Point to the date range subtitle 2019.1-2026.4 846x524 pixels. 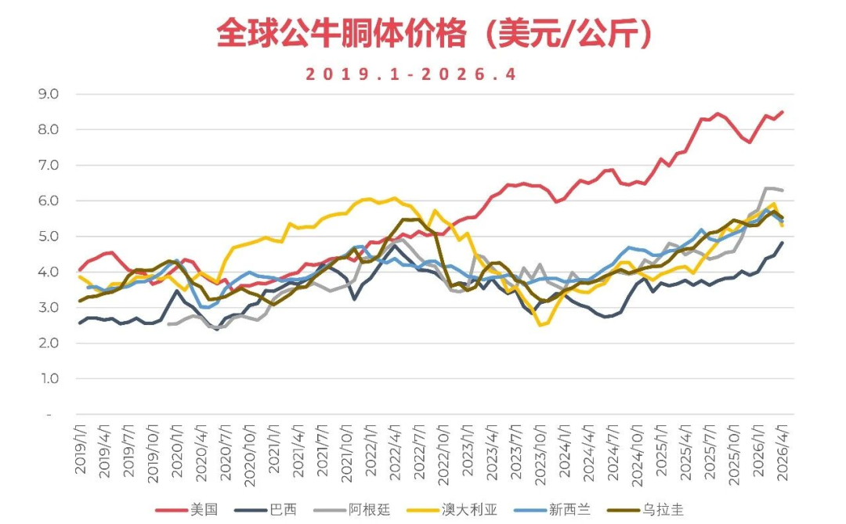411,74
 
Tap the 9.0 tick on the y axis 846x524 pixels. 49,94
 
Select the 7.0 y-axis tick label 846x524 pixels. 49,165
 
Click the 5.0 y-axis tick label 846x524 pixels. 49,237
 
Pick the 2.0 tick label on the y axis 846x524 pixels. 49,343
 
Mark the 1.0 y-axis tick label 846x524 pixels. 49,379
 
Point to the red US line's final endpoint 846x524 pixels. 783,112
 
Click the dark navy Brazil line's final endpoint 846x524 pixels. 783,243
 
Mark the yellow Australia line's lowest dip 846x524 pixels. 539,325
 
